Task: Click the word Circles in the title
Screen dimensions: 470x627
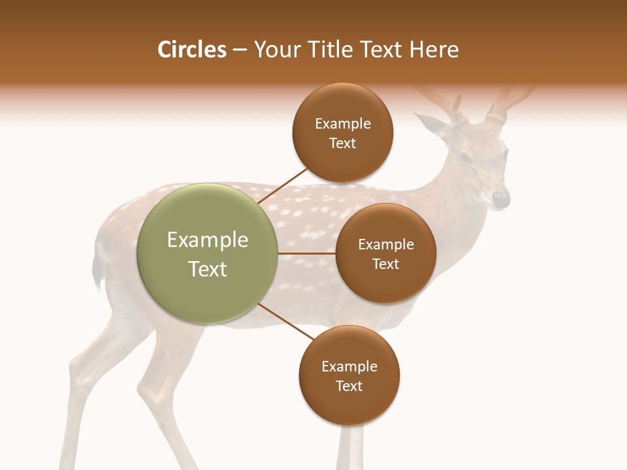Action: coord(192,50)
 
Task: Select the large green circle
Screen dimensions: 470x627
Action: coord(208,253)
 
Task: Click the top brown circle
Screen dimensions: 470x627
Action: coord(343,133)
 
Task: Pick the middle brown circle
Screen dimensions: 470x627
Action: coord(385,253)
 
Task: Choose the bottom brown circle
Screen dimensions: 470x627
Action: coord(349,375)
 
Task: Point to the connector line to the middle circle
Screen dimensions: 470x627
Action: coord(307,253)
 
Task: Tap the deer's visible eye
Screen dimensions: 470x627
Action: coord(465,157)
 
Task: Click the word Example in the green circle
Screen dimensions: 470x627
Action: coord(208,240)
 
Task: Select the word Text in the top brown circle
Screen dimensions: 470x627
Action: coord(343,143)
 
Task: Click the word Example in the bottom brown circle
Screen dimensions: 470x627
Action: coord(349,366)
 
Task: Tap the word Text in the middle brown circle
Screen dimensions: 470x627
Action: coord(385,264)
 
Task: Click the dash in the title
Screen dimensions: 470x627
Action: coord(240,50)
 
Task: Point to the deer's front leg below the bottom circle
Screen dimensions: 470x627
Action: coord(351,450)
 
